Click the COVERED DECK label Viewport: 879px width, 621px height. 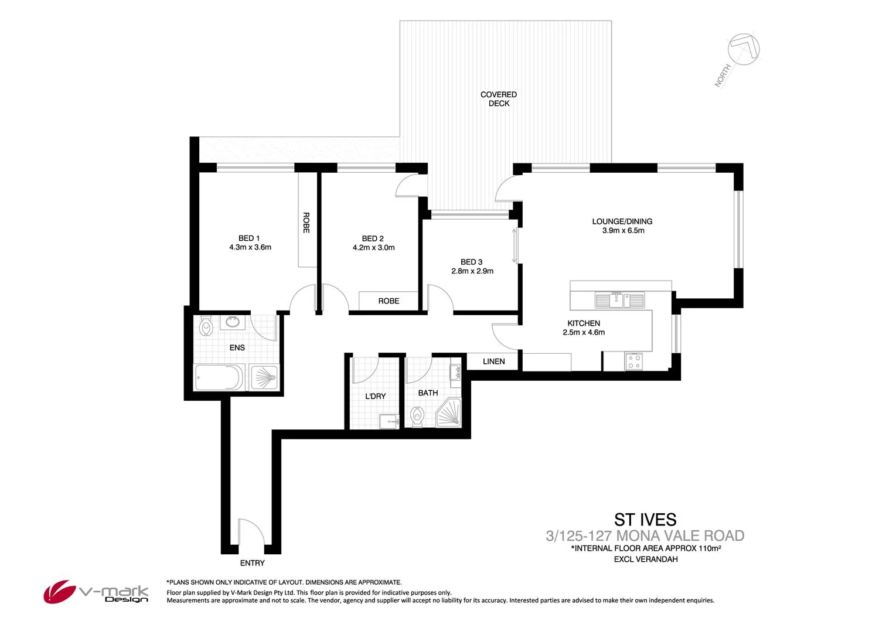tap(499, 98)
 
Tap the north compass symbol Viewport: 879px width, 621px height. tap(743, 49)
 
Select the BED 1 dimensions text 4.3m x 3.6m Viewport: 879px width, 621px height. tap(250, 247)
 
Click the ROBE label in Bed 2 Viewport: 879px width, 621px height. tap(389, 301)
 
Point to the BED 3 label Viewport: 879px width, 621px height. tap(472, 262)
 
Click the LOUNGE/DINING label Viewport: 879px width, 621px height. tap(622, 221)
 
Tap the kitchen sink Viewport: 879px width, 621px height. tap(619, 300)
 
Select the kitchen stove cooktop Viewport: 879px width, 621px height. tap(633, 361)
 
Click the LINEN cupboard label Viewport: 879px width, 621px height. tap(493, 361)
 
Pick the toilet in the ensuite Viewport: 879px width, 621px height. tap(206, 326)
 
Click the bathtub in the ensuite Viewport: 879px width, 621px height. tap(218, 378)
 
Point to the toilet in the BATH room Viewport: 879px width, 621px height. tap(417, 417)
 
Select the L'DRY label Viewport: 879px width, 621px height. tap(376, 396)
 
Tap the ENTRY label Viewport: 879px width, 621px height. tap(253, 563)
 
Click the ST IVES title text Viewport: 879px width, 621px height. tap(645, 520)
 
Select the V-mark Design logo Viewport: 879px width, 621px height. tap(96, 592)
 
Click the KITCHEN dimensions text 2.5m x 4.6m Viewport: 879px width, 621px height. tap(584, 332)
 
